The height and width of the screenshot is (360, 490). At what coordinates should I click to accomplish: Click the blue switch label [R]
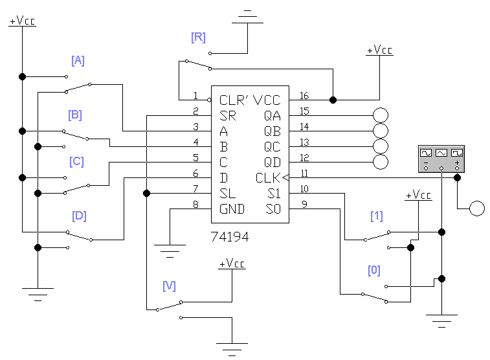pos(198,37)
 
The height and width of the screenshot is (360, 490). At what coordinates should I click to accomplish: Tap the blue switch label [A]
pos(78,60)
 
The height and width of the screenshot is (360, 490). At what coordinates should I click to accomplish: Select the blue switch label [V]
pos(169,286)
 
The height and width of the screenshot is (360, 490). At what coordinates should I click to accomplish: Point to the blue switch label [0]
pos(374,270)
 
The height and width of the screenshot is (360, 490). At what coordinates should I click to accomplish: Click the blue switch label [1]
pos(377,216)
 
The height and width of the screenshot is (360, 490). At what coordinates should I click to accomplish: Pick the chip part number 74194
pos(230,237)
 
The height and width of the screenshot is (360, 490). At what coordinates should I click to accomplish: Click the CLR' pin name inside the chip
pos(234,100)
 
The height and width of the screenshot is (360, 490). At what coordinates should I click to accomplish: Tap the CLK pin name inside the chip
pos(268,178)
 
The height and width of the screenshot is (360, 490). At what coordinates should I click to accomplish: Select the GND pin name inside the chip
pos(232,209)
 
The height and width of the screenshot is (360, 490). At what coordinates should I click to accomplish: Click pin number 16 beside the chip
pos(304,96)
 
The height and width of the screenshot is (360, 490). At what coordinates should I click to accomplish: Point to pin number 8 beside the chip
pos(195,205)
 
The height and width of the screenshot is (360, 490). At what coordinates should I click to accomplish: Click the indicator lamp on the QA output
pos(381,115)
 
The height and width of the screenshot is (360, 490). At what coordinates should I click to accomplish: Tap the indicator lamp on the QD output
pos(381,162)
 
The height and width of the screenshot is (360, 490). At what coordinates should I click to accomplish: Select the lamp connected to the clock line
pos(477,208)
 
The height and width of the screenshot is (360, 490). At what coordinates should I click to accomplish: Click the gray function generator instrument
pos(441,159)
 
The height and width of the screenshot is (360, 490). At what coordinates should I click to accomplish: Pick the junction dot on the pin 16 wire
pos(333,100)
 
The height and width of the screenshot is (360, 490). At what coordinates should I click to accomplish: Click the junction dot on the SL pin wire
pos(146,193)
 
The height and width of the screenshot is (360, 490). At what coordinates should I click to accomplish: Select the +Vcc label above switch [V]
pos(232,264)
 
